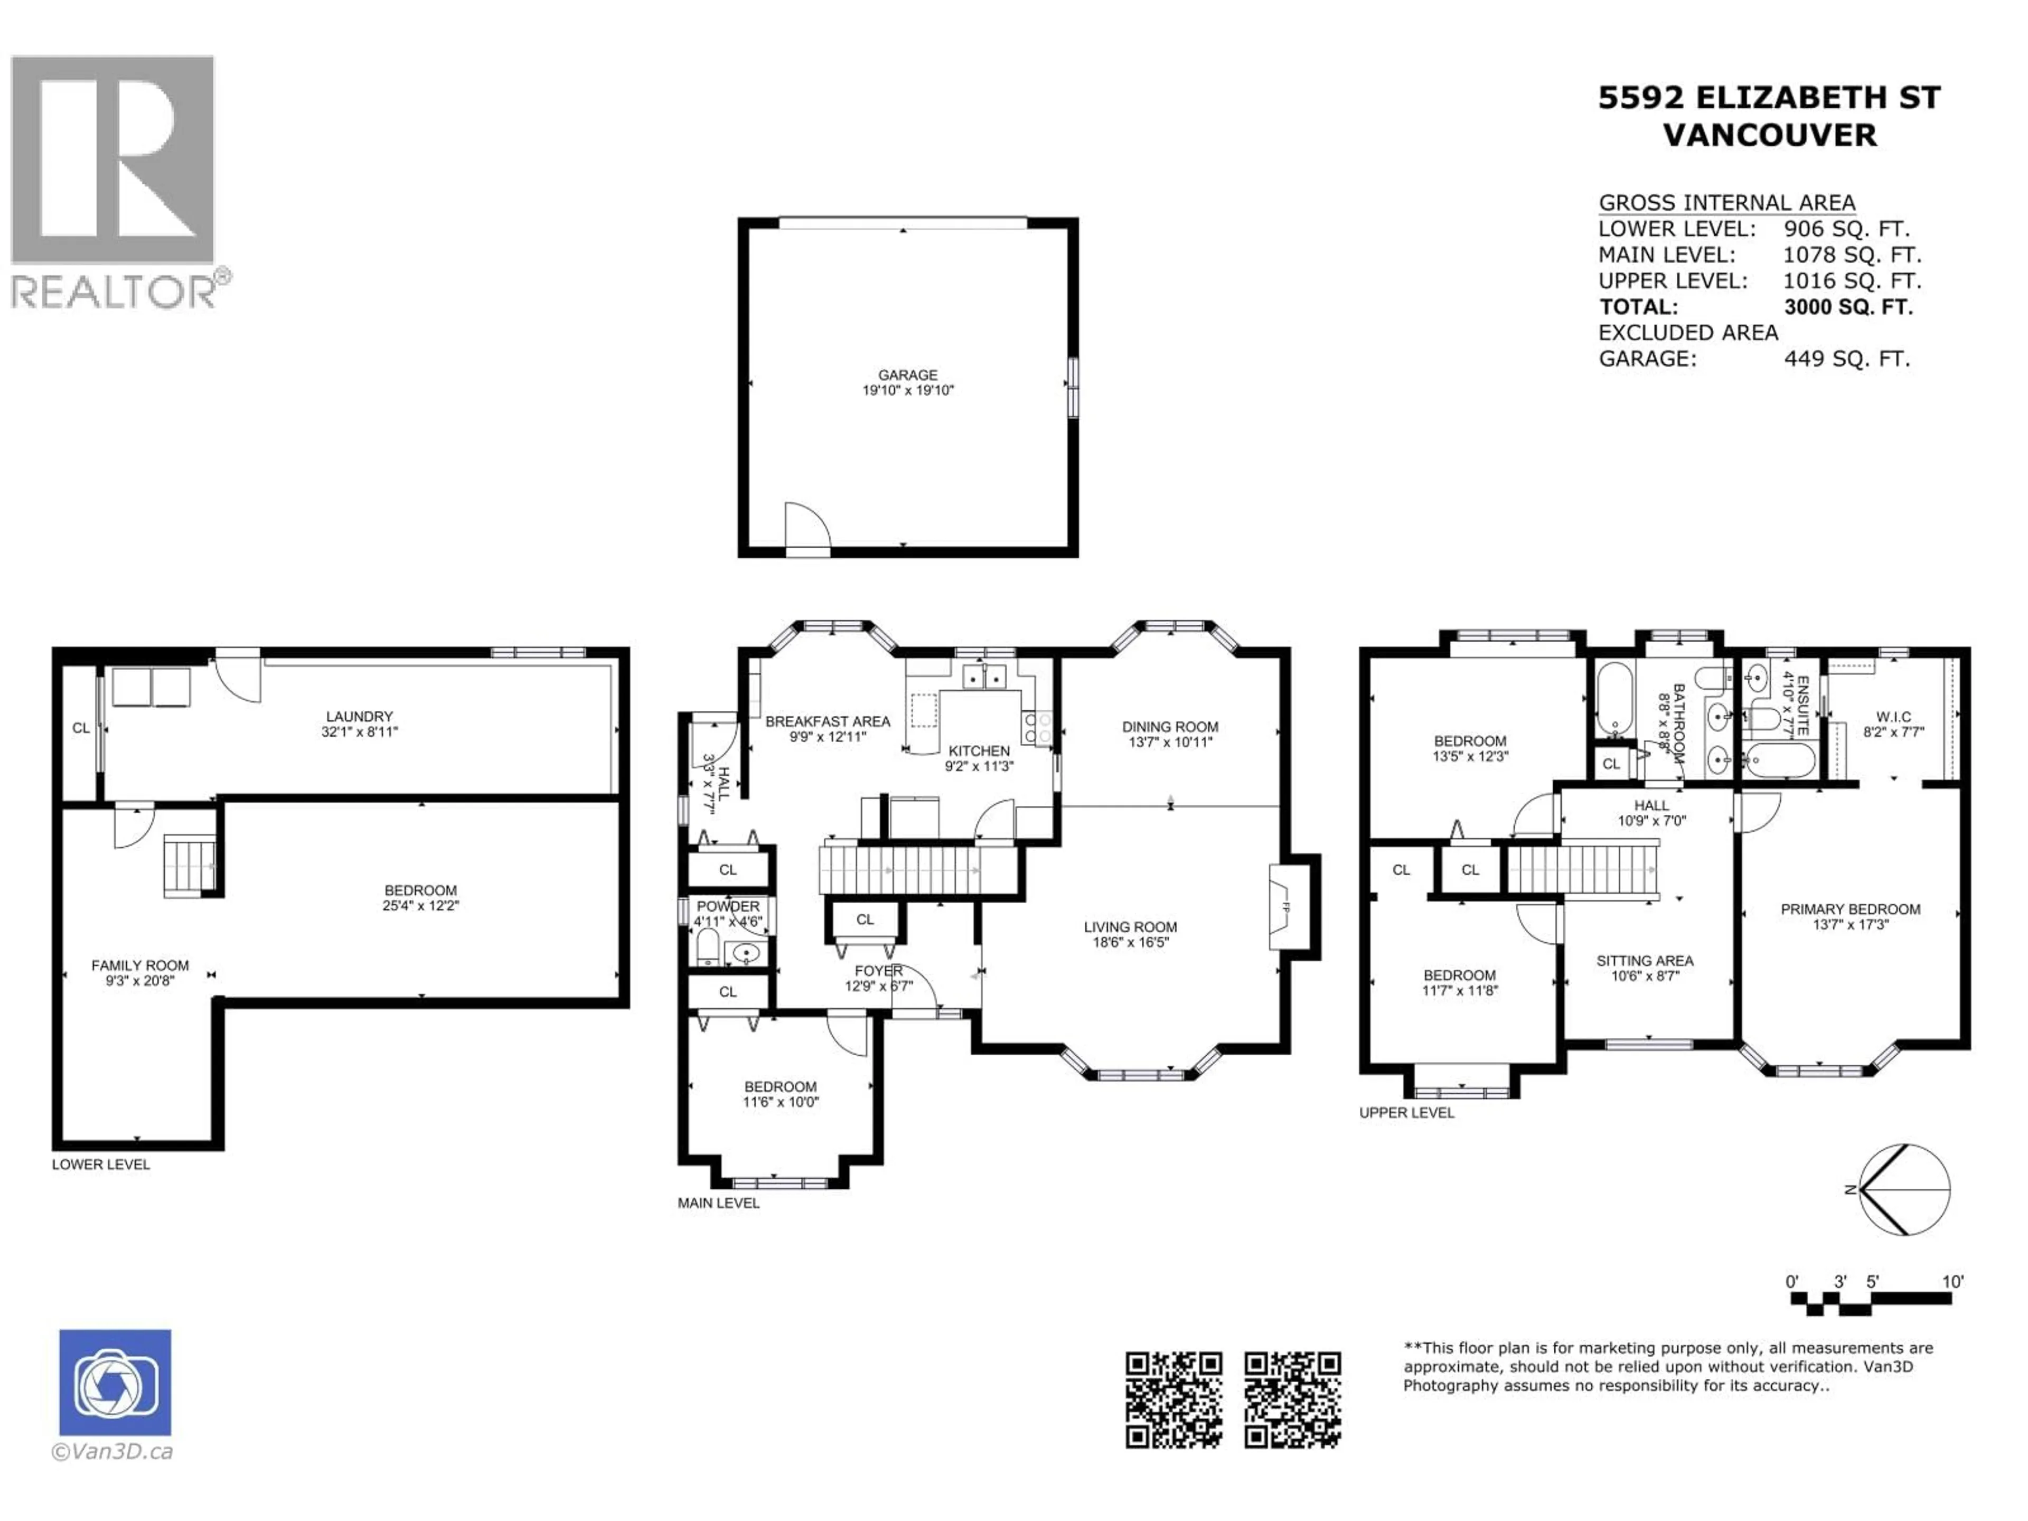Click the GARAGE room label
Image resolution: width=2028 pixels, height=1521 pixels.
pyautogui.click(x=908, y=375)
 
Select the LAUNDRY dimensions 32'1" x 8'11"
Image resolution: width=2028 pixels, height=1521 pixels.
pyautogui.click(x=360, y=731)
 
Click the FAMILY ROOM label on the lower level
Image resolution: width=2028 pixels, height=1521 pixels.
pyautogui.click(x=140, y=965)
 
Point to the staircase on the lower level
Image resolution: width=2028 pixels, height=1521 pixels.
pyautogui.click(x=190, y=865)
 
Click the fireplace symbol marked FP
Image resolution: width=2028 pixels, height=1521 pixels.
pyautogui.click(x=1283, y=908)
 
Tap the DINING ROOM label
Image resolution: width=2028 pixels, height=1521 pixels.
pyautogui.click(x=1170, y=727)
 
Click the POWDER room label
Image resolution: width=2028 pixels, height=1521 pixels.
pyautogui.click(x=728, y=906)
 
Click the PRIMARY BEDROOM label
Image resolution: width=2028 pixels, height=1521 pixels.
pyautogui.click(x=1850, y=909)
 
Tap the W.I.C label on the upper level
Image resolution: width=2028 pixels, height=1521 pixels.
pyautogui.click(x=1893, y=717)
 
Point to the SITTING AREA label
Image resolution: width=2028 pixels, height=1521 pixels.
pyautogui.click(x=1645, y=961)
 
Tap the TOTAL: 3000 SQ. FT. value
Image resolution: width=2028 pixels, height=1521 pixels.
pyautogui.click(x=1847, y=307)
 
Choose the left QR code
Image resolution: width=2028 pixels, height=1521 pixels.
pyautogui.click(x=1173, y=1400)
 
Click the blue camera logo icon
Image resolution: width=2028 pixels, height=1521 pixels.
pyautogui.click(x=116, y=1383)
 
